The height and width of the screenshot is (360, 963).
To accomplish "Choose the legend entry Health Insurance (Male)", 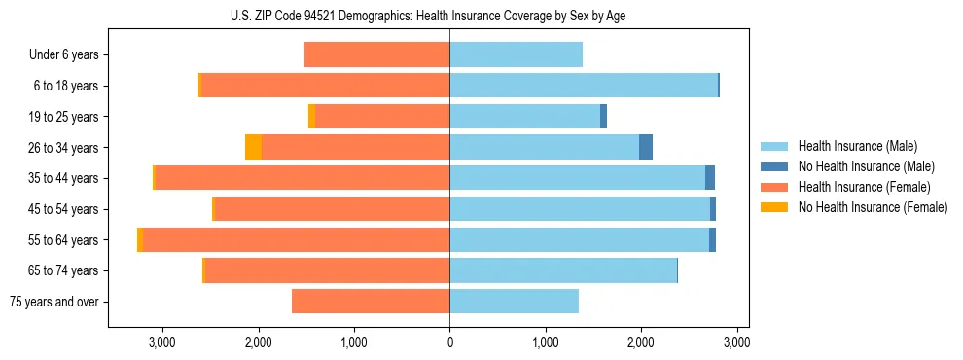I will point(854,146).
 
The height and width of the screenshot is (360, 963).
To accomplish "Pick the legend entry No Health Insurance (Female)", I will point(872,207).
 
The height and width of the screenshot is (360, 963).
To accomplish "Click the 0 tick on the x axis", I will point(449,342).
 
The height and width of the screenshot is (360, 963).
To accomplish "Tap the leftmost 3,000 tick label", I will point(161,342).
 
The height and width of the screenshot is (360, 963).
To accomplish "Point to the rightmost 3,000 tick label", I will point(736,342).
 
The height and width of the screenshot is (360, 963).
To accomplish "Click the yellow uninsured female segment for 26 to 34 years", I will point(253,147).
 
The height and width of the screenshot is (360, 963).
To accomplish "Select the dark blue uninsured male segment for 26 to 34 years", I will point(646,147).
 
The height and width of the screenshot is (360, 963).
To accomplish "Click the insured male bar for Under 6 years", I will point(516,54).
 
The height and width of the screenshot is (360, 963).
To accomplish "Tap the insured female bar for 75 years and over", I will point(371,302).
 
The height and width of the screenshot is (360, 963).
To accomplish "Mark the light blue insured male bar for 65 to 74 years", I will point(563,270).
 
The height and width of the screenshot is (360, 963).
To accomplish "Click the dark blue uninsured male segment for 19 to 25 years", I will point(603,117).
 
